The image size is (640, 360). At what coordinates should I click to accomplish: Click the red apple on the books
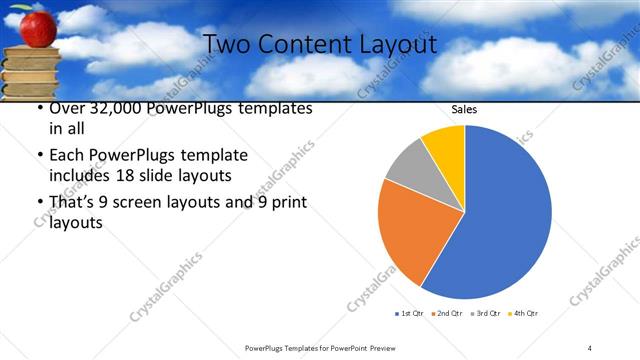tap(38, 28)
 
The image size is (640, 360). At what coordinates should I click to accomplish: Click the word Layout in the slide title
tap(392, 45)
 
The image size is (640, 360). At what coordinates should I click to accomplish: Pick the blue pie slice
tap(500, 215)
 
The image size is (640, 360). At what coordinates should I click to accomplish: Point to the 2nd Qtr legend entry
tap(447, 314)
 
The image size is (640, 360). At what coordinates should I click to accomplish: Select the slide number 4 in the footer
tap(590, 347)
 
